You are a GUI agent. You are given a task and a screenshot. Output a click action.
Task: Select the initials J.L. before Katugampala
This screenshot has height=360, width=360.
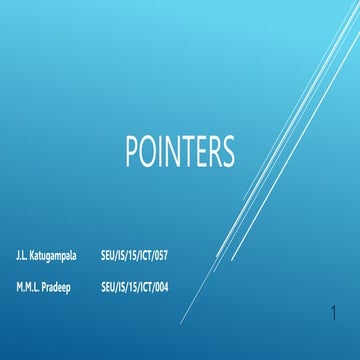[x=22, y=257]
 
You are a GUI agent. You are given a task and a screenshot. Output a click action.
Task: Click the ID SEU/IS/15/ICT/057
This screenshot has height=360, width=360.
[x=134, y=257]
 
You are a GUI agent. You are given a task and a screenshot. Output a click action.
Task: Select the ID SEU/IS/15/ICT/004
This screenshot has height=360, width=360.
[x=134, y=287]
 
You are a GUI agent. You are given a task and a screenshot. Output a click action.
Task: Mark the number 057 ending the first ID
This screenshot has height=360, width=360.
[x=160, y=257]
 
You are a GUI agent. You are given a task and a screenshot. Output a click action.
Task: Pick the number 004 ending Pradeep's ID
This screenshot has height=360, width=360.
[x=160, y=287]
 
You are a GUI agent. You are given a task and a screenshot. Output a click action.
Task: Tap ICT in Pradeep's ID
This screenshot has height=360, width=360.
[x=143, y=287]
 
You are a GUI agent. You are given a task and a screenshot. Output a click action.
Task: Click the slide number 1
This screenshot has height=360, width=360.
[x=333, y=317]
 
